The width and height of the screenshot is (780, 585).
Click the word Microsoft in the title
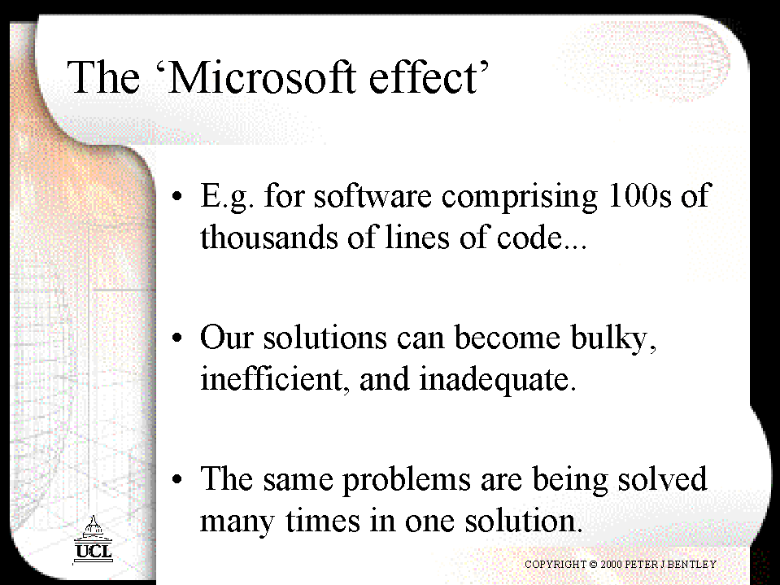coord(263,77)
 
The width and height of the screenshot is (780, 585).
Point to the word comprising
coord(520,198)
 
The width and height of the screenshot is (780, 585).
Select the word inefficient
coord(272,378)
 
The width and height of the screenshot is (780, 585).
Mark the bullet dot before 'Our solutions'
coord(177,338)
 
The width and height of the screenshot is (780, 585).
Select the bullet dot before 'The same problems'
coord(177,479)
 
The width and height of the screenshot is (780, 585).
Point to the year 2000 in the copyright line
coord(611,564)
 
